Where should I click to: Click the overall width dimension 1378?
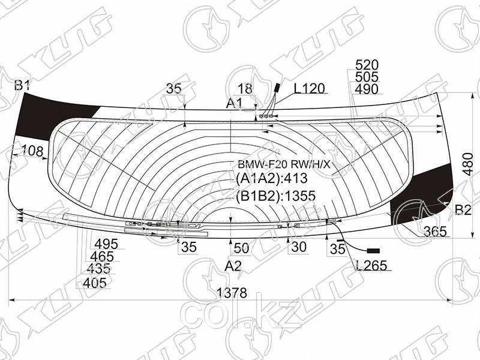point(232,293)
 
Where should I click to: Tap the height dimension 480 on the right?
point(468,164)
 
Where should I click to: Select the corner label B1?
point(22,85)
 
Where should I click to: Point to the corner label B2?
point(463,210)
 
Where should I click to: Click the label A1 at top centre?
point(234,103)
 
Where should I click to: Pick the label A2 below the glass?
point(233,266)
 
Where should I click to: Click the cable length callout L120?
point(309,88)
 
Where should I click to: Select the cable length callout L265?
point(371,265)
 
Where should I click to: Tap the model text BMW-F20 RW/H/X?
point(284,164)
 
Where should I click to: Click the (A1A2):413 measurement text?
point(272,178)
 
